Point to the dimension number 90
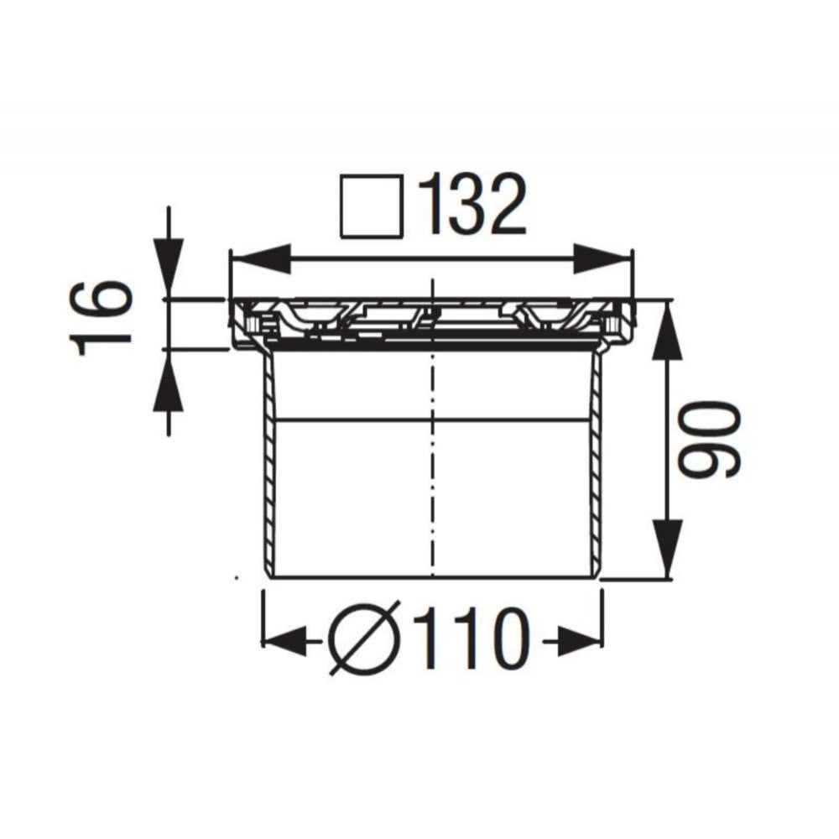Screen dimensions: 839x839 click(x=709, y=440)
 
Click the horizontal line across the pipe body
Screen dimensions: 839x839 click(x=352, y=418)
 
